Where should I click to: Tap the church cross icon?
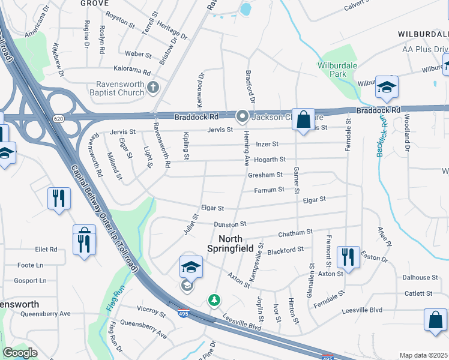[x=153, y=89]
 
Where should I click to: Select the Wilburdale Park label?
[x=333, y=70]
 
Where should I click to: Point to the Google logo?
[x=20, y=353]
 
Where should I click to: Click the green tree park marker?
[x=213, y=299]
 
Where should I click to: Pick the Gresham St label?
[x=265, y=175]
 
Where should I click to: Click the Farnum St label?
[x=268, y=190]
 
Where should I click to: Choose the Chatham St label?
[x=295, y=232]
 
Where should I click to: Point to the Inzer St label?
[x=267, y=144]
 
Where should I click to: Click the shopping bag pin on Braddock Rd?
[x=304, y=119]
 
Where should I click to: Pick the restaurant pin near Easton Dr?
[x=348, y=256]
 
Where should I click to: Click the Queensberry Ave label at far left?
[x=46, y=313]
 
